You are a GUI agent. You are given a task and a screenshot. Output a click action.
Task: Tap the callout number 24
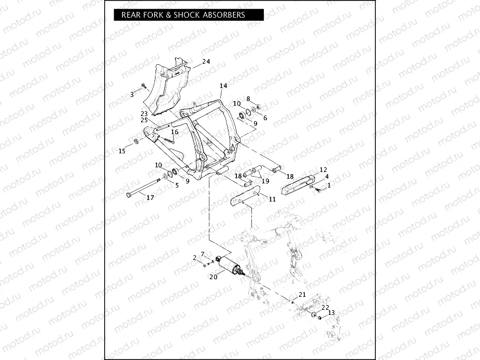[206, 62]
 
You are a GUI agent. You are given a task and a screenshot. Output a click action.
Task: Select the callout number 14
[223, 85]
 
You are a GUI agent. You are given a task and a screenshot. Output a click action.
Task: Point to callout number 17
[150, 197]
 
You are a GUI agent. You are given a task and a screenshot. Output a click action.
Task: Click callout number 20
[213, 277]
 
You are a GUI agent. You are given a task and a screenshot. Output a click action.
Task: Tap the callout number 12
[323, 169]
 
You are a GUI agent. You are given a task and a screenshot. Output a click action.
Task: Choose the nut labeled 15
[136, 141]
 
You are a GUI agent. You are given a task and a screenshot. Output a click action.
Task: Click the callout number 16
[175, 133]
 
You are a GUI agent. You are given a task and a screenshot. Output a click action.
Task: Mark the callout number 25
[144, 120]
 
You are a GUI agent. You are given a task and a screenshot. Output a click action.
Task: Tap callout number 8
[248, 98]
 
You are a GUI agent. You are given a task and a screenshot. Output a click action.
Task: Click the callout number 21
[302, 294]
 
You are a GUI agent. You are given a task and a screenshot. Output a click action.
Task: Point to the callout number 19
[265, 181]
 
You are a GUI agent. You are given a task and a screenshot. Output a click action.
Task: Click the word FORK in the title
[155, 15]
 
